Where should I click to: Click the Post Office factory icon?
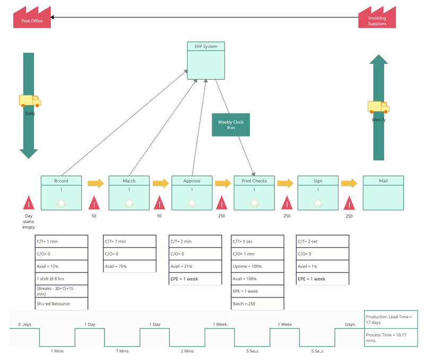pos(31,18)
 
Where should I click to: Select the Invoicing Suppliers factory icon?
pos(377,18)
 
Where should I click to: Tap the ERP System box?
pos(206,60)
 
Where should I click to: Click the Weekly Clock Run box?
pos(231,125)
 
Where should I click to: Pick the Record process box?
pos(61,193)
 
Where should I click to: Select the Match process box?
pos(129,193)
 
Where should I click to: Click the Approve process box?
pos(192,193)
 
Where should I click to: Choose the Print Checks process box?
pos(254,193)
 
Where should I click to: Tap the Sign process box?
pos(317,193)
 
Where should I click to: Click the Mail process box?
pos(383,193)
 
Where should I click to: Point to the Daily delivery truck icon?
pos(30,101)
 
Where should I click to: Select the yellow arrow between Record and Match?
pos(96,183)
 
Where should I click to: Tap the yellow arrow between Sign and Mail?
pos(349,183)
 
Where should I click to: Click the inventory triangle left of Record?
pos(29,202)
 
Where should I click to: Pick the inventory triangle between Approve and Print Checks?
pos(221,202)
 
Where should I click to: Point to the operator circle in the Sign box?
pos(317,203)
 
